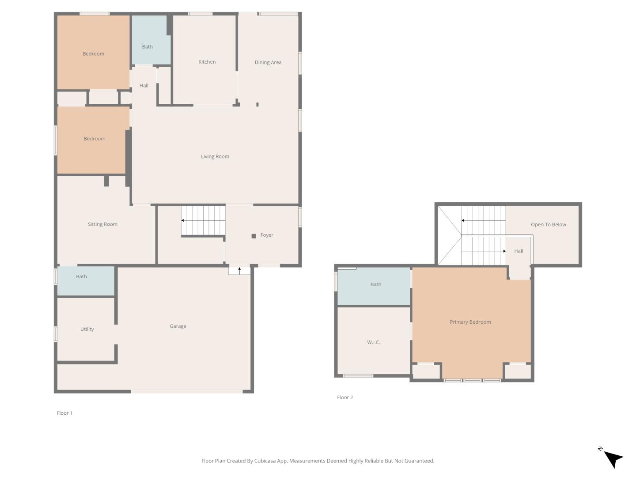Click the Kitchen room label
[207, 62]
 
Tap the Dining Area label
[268, 62]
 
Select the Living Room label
[215, 156]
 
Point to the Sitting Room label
[102, 224]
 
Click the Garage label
[178, 326]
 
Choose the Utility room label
[87, 329]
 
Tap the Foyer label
[267, 235]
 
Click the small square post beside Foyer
[254, 236]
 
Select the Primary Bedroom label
[470, 322]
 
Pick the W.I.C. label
[374, 342]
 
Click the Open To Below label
[549, 224]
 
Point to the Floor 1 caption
[64, 413]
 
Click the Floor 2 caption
[345, 397]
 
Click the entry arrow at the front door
[240, 271]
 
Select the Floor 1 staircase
[203, 221]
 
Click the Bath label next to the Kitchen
[147, 47]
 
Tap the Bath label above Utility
[81, 276]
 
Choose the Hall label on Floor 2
[519, 251]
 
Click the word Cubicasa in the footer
[265, 461]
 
